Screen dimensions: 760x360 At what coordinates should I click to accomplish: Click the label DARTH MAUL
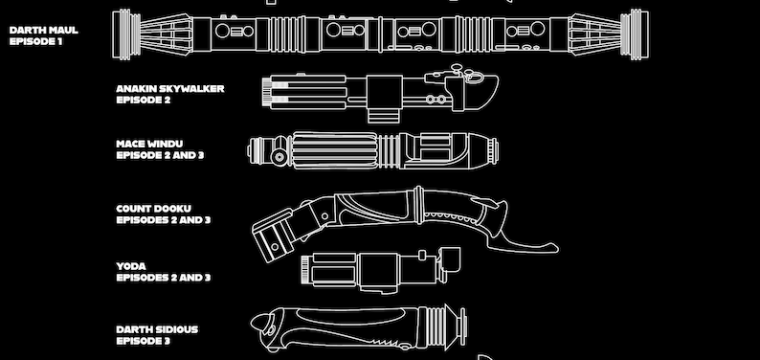[43, 30]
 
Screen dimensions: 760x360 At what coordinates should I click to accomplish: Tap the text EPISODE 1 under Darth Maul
[35, 41]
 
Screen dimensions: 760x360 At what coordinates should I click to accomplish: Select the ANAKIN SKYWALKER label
[169, 88]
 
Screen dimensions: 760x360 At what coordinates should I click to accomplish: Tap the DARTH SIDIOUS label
[157, 329]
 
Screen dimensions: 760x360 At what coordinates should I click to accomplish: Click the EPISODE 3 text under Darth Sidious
[143, 341]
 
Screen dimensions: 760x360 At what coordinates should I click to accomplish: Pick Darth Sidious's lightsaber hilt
[364, 330]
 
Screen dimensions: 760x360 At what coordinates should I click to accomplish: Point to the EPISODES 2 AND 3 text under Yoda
[163, 278]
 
